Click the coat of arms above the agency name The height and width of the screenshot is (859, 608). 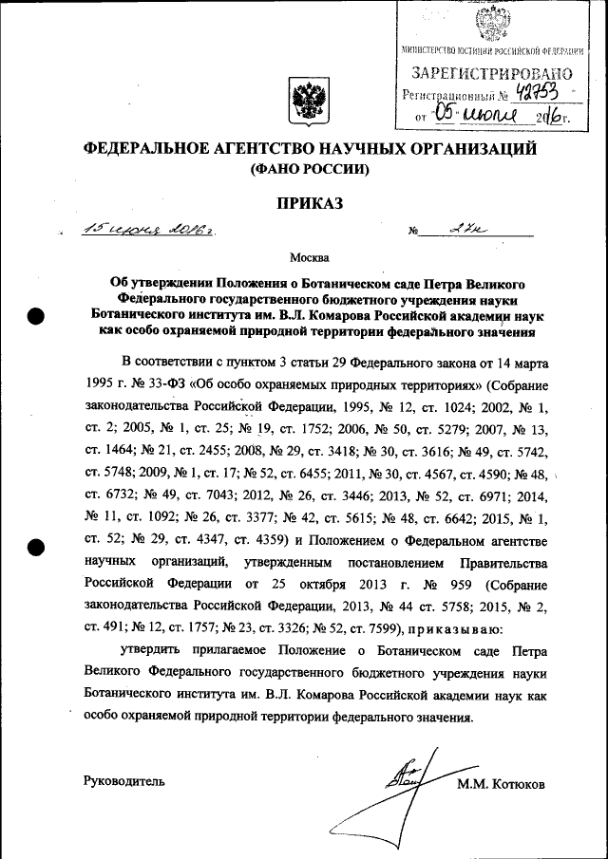coord(305,102)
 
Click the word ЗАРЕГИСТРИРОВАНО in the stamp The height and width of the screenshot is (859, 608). coord(491,72)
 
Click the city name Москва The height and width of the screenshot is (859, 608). coord(310,257)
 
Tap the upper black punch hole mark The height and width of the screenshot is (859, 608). coord(36,318)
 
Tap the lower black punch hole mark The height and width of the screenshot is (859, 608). coord(36,547)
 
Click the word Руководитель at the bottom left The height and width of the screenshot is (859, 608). coord(124,781)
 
